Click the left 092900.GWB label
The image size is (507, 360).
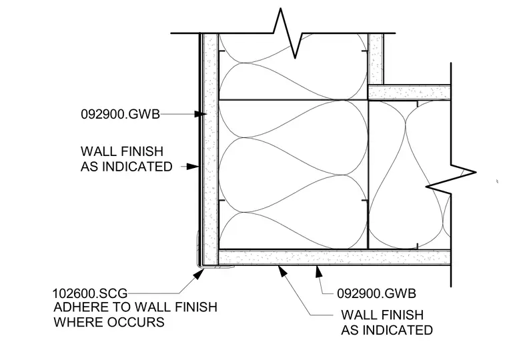pyautogui.click(x=120, y=114)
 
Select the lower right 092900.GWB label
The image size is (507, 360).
pyautogui.click(x=376, y=293)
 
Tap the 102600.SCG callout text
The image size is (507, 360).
pyautogui.click(x=90, y=293)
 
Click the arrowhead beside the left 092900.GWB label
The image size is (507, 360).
pyautogui.click(x=201, y=114)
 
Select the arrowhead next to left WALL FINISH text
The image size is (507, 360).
pyautogui.click(x=193, y=167)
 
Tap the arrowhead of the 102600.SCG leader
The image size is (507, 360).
pyautogui.click(x=199, y=274)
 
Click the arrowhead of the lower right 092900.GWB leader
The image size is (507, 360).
pyautogui.click(x=319, y=271)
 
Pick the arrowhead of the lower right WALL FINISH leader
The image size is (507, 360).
pyautogui.click(x=283, y=271)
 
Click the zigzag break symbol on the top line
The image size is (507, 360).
pyautogui.click(x=288, y=33)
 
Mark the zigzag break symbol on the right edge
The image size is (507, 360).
pyautogui.click(x=451, y=179)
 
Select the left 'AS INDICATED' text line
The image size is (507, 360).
pyautogui.click(x=127, y=167)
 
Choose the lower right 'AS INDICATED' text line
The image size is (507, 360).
pyautogui.click(x=387, y=330)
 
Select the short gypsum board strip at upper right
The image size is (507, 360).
pyautogui.click(x=410, y=93)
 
